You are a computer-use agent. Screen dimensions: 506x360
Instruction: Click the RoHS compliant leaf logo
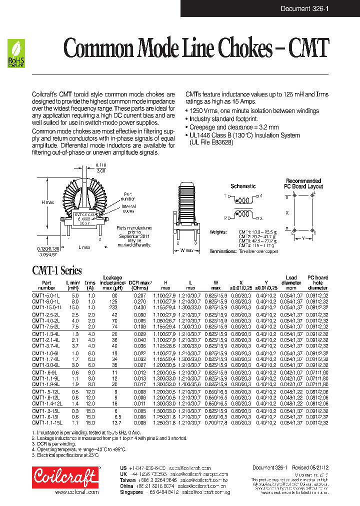(16, 53)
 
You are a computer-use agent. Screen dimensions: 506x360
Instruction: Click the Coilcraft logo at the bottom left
(65, 477)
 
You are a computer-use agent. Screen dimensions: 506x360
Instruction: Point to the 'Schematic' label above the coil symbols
(243, 186)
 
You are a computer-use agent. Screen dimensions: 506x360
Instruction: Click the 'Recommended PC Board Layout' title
(303, 183)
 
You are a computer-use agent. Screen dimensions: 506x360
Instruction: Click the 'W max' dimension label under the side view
(186, 250)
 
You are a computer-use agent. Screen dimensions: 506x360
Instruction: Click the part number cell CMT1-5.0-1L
(46, 296)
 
